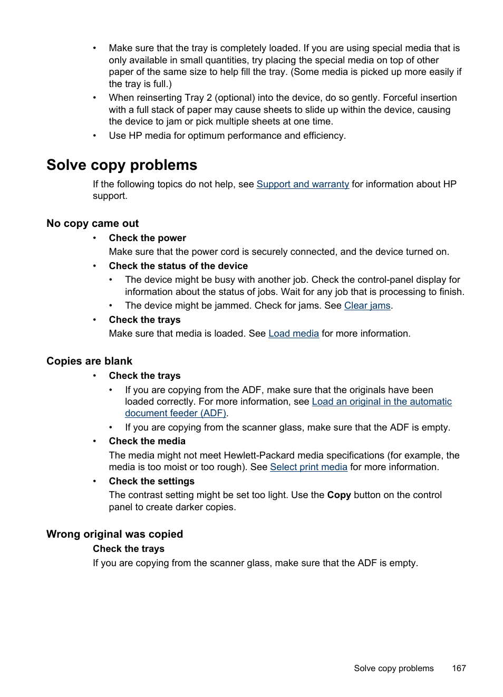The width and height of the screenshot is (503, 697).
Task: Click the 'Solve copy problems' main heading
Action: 122,165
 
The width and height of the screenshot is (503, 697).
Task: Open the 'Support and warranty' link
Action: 303,184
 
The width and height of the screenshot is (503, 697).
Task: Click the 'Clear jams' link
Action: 367,305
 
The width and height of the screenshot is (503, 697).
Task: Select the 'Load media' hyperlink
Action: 294,333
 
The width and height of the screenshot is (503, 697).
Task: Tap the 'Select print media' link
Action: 308,467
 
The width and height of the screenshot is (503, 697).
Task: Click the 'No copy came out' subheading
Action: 93,223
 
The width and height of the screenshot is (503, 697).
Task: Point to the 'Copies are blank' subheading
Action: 90,361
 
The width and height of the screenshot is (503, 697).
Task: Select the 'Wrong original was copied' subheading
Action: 114,534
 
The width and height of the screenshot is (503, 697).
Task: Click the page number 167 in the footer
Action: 459,668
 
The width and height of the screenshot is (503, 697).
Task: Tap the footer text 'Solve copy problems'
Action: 393,668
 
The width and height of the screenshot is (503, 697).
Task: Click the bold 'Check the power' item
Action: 148,238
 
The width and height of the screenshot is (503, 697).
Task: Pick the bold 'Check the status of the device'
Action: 178,266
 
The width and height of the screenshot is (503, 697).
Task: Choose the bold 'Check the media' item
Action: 147,441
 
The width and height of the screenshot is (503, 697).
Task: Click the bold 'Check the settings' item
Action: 152,481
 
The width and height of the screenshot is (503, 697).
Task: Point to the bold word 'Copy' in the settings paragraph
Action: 338,495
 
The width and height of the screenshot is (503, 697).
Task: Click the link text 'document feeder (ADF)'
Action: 176,413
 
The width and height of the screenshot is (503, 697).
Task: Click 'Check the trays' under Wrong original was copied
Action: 129,549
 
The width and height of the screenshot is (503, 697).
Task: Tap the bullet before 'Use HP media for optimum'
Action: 95,136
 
